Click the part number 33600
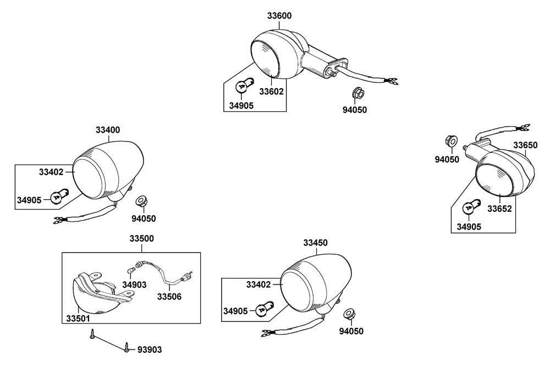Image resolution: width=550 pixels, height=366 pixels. pos(279,16)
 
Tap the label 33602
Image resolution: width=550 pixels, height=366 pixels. pos(271,91)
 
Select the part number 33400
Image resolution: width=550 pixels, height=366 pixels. pos(108,130)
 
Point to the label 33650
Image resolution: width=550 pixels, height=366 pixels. pos(525,145)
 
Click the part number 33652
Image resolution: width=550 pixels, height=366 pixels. pos(499,209)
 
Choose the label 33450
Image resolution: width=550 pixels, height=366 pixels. pos(315,243)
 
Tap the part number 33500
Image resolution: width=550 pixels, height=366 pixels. pos(142,239)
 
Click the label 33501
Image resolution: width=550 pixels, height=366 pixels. pos(78,319)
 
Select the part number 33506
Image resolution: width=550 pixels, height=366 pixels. pos(169,297)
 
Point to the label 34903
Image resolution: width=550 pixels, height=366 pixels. pos(134,285)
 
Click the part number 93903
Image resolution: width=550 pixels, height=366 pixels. pos(150,350)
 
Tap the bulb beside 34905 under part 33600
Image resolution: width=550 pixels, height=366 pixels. pos(242,86)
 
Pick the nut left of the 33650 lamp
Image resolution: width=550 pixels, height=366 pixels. pos(452,142)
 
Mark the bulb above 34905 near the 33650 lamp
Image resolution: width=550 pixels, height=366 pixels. pos(470,207)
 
